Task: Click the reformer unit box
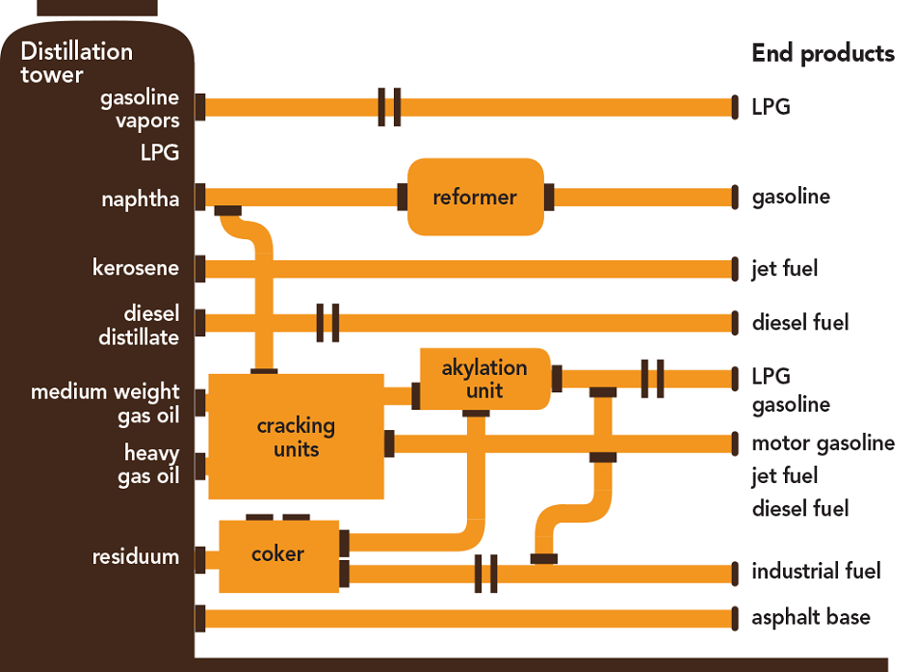475,197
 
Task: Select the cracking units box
296,436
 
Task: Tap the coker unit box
278,555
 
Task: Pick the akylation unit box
484,378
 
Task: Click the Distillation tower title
77,63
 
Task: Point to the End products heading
823,53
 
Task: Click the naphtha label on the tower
141,200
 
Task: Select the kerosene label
136,267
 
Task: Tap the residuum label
136,556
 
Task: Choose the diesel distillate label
139,326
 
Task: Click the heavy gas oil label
148,464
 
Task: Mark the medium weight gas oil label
105,403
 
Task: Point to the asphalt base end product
810,617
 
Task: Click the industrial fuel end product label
816,572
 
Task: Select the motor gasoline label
823,444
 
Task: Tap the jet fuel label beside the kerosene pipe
784,268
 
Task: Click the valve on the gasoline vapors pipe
389,106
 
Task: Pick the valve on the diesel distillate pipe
328,322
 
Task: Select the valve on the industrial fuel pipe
486,574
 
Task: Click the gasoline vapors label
140,109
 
